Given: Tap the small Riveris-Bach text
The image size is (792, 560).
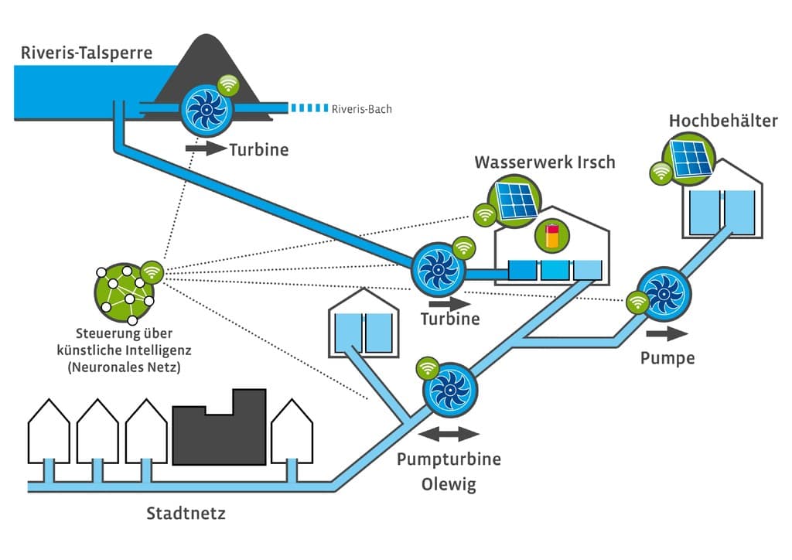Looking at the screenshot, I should pyautogui.click(x=361, y=109).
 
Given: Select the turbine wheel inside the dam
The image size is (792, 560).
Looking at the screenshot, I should pyautogui.click(x=205, y=110).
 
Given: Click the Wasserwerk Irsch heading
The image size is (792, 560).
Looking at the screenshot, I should pyautogui.click(x=545, y=162).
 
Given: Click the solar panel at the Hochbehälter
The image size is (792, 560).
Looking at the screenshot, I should pyautogui.click(x=692, y=157).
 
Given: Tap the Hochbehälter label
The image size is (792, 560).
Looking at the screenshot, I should pyautogui.click(x=723, y=121).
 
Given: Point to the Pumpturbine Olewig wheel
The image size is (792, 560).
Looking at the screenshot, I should pyautogui.click(x=449, y=388).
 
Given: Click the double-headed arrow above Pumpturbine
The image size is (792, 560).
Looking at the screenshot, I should pyautogui.click(x=449, y=433).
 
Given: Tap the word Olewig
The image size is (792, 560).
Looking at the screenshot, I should pyautogui.click(x=449, y=485).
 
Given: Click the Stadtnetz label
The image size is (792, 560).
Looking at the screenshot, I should pyautogui.click(x=186, y=513).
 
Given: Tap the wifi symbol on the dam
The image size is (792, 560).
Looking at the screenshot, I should pyautogui.click(x=227, y=84).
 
